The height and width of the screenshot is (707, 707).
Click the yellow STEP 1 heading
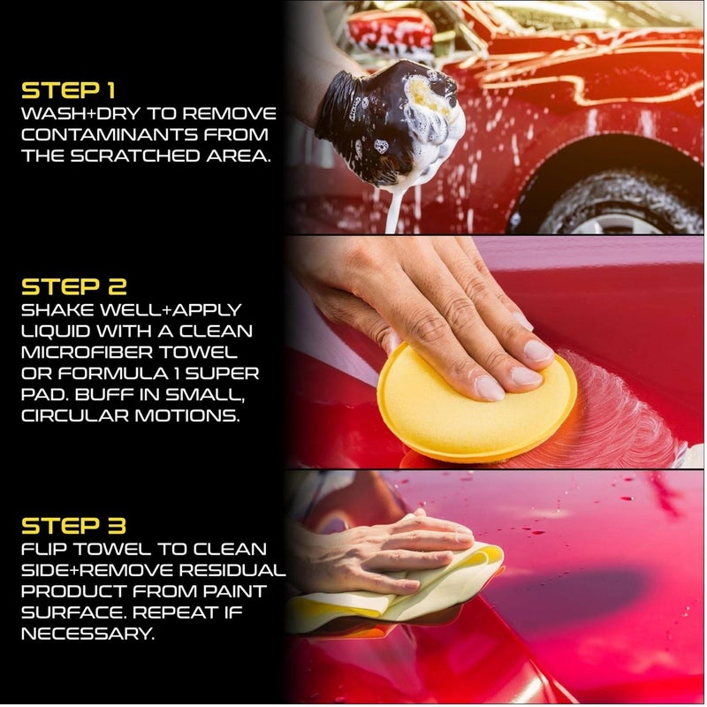[68, 91]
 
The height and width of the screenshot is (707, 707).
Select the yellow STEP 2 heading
[74, 287]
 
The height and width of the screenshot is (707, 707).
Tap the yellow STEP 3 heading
[74, 526]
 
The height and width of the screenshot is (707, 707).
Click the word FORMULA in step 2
[119, 374]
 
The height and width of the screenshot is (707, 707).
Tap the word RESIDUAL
[232, 570]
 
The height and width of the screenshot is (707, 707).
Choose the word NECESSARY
[87, 635]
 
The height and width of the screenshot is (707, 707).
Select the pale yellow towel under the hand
[406, 590]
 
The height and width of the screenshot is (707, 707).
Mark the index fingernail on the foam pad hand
[490, 388]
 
